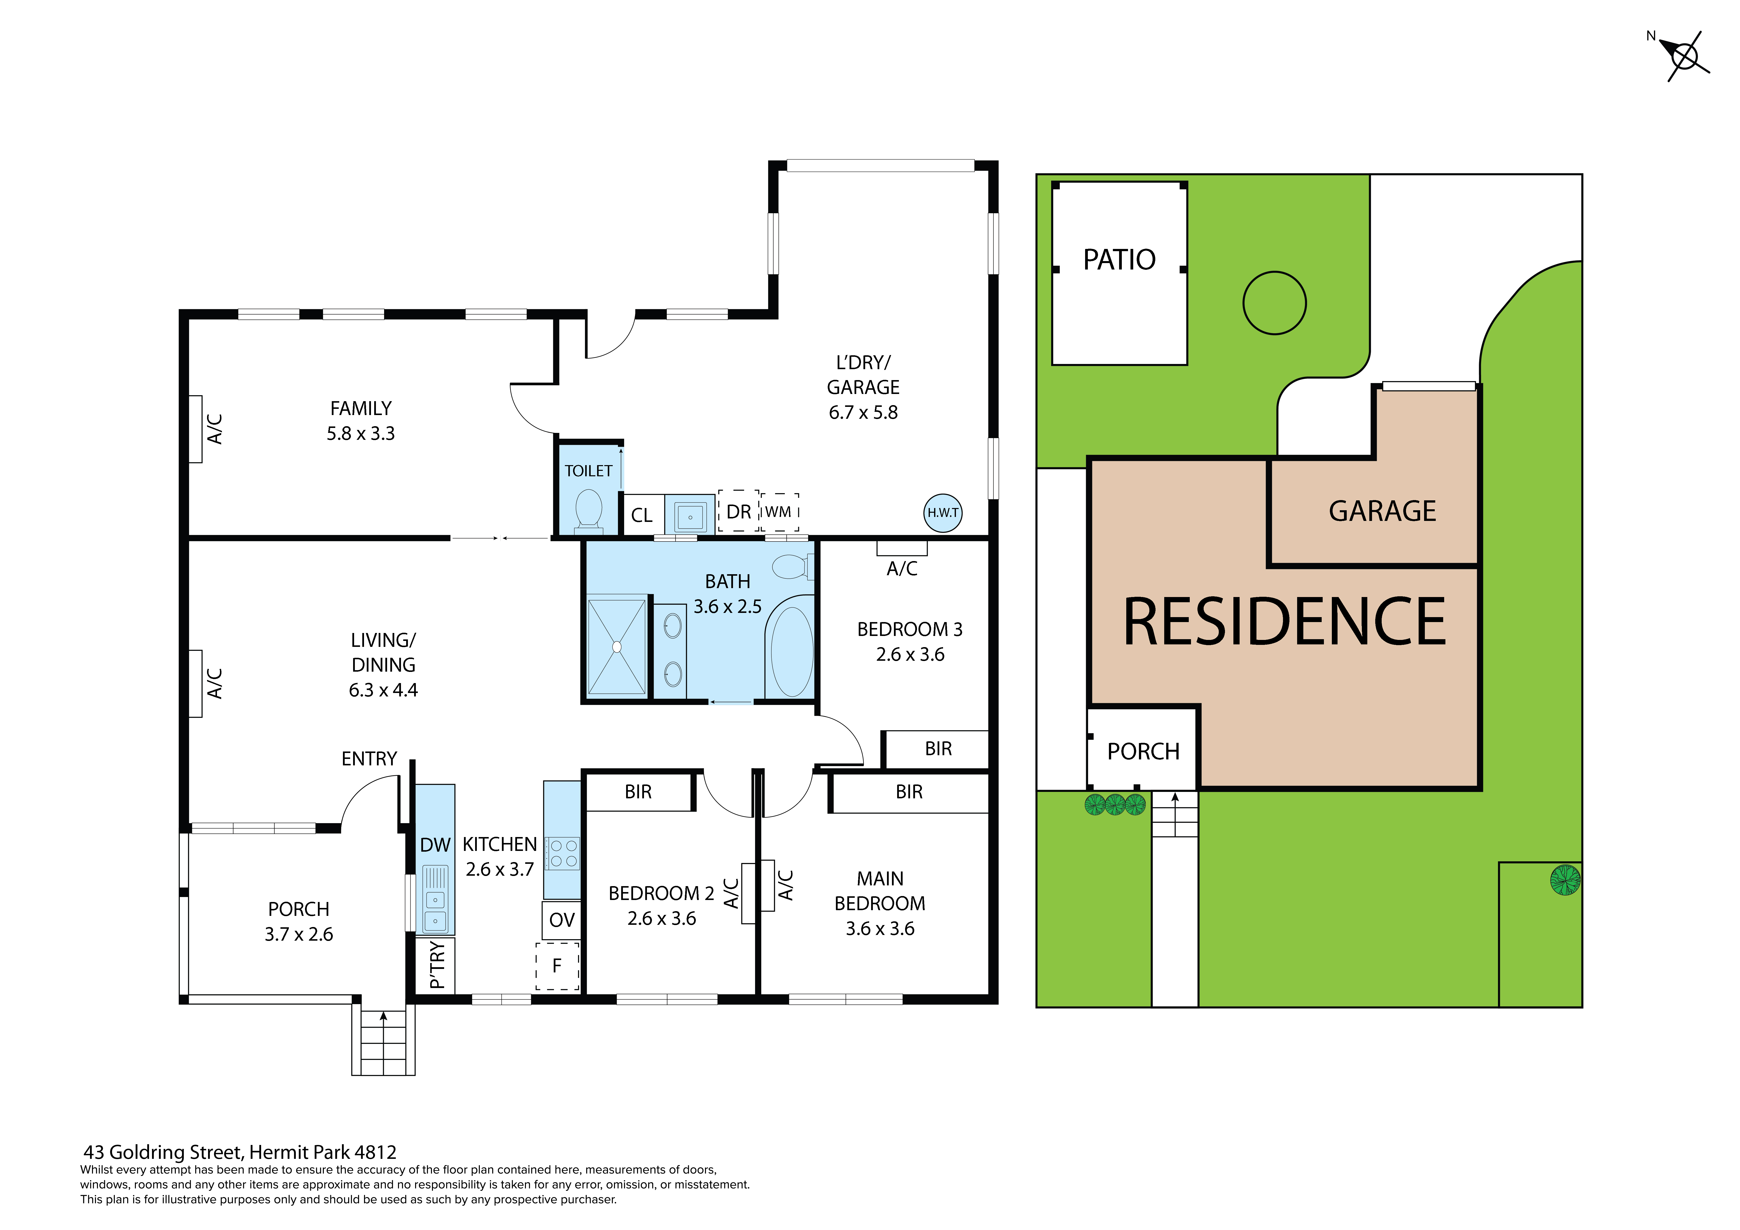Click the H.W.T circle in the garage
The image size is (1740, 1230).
point(943,512)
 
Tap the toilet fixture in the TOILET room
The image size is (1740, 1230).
point(589,509)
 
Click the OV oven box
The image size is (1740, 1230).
point(562,920)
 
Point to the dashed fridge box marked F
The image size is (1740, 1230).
point(557,966)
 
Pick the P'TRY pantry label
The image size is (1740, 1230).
point(436,965)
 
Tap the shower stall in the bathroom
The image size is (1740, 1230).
point(617,646)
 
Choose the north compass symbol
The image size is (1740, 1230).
point(1684,56)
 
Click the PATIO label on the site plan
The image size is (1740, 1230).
point(1119,260)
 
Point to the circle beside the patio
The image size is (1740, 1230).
point(1275,303)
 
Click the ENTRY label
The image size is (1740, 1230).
point(369,759)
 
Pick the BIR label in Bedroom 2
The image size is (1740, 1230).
point(638,792)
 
